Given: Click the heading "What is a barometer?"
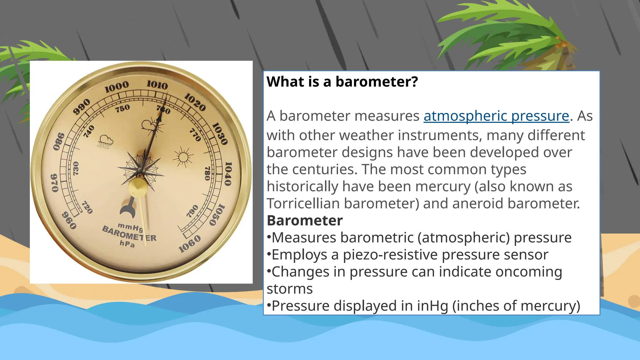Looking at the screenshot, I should point(342,82).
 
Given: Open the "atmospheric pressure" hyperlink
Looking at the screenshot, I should point(496,116).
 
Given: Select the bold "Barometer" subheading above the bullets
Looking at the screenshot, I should point(305,221).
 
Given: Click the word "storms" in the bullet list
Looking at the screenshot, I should point(289,289).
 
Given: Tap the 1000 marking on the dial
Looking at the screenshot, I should point(117,87).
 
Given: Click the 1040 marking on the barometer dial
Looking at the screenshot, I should point(228,174).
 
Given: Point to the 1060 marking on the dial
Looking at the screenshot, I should point(190,244).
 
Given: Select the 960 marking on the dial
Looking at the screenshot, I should point(69,220).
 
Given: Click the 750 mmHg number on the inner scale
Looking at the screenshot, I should point(122,108).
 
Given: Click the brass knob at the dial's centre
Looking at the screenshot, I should point(137,187).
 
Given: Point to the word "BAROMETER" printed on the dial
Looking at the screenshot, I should point(129,234).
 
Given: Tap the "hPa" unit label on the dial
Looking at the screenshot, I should point(127,243).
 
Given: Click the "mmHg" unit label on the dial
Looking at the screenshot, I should point(130,227).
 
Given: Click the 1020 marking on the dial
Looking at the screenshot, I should point(195,102).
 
